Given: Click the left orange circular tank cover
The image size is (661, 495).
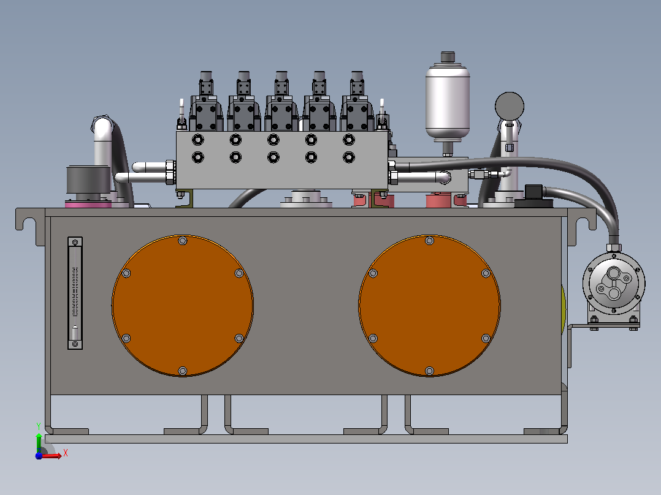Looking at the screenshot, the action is click(183, 306).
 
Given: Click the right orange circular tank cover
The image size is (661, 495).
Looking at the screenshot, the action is click(429, 306).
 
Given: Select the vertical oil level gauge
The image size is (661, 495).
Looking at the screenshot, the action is click(75, 293).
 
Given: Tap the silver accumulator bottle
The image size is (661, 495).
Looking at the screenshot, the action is click(447, 102).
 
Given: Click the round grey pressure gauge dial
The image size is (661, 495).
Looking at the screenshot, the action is click(509, 106).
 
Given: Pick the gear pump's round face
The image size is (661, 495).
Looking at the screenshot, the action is click(613, 282).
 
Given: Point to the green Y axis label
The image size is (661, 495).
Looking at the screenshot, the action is click(39, 426).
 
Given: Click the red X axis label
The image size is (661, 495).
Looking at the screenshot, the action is click(66, 453).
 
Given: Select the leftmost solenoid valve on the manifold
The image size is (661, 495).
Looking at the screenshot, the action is click(206, 102).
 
